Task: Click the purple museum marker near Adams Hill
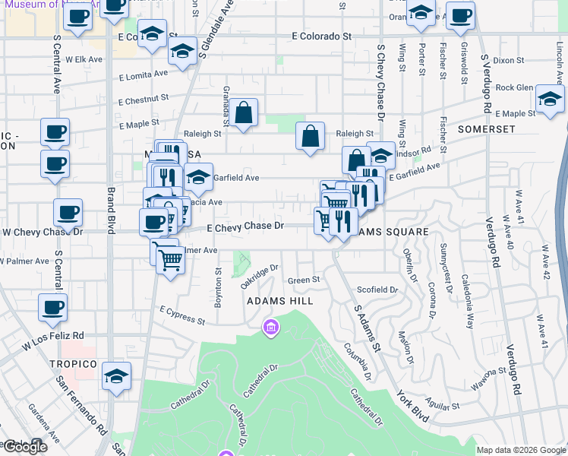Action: pos(270,328)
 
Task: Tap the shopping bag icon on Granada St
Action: pos(245,113)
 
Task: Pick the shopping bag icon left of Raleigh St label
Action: pos(310,137)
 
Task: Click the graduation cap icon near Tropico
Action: pos(117,376)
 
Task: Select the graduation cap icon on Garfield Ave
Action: pos(198,178)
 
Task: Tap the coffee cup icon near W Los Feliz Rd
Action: pos(53,308)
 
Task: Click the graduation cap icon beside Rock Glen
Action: pos(550,99)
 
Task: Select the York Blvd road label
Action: pos(412,407)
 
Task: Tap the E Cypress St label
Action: pos(182,315)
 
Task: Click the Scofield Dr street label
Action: pos(377,290)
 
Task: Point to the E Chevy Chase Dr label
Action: pos(245,226)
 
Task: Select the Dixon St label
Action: pos(508,60)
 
